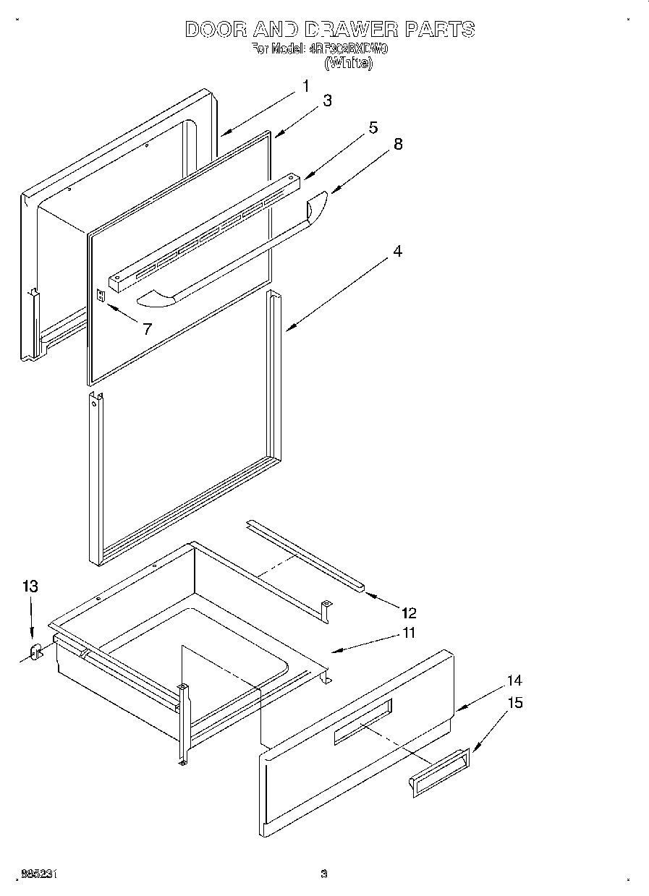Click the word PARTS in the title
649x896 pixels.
tap(440, 30)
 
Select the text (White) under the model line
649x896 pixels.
tap(349, 64)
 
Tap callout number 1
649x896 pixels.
tap(305, 86)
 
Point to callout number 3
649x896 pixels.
tap(327, 101)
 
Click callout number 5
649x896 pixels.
tap(373, 128)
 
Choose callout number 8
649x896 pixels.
tap(397, 144)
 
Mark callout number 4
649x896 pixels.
tap(397, 252)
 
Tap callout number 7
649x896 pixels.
tap(147, 329)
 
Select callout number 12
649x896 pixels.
tap(409, 613)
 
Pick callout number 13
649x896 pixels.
tap(30, 586)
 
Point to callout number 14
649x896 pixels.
tap(514, 680)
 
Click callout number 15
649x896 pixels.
tap(514, 702)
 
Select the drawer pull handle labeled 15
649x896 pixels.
tap(438, 772)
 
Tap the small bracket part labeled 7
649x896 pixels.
tap(101, 295)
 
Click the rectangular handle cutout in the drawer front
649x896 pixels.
tap(362, 721)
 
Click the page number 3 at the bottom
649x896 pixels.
tap(324, 874)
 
